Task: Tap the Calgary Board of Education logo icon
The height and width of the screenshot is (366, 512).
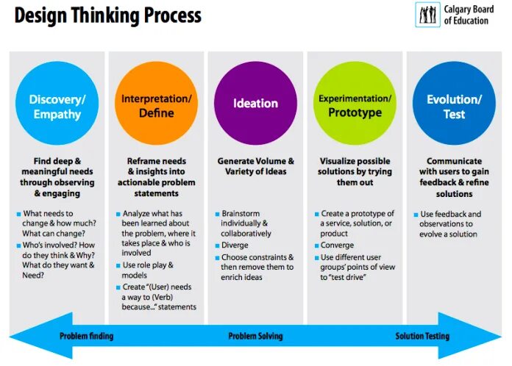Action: click(x=428, y=14)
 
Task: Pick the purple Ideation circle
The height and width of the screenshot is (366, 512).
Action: click(x=255, y=104)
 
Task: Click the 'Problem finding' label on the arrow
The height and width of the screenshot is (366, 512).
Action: click(x=87, y=336)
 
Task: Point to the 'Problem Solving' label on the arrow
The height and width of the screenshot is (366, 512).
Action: click(x=255, y=336)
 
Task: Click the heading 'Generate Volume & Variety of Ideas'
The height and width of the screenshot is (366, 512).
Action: click(x=255, y=166)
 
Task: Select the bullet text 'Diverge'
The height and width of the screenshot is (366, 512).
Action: click(x=235, y=245)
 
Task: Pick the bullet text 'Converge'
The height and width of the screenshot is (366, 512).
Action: click(x=337, y=245)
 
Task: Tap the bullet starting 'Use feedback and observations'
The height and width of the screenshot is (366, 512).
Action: click(x=449, y=224)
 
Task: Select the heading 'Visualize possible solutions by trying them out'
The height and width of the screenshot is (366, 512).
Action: click(x=355, y=171)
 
